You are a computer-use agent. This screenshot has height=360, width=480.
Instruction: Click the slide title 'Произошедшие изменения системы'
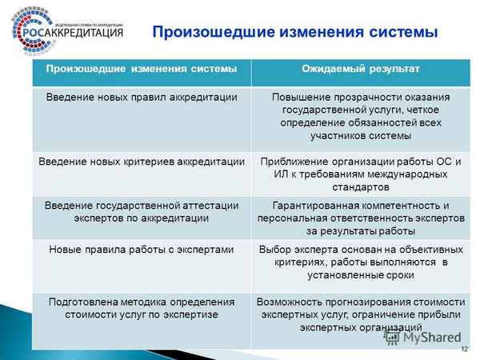coord(295,32)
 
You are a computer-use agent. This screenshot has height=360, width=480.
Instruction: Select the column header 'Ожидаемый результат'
coord(360,70)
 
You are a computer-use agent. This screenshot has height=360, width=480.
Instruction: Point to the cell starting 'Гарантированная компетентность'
coord(361,218)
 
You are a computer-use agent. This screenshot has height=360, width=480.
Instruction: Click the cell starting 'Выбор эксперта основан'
coord(361,262)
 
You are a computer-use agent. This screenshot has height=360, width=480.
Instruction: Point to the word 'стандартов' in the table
coord(361,186)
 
